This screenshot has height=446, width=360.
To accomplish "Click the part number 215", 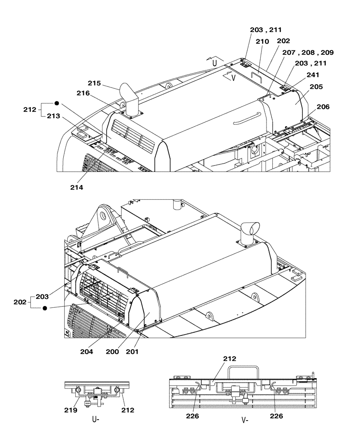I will [x=94, y=83].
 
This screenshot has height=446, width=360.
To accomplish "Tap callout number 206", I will [x=323, y=107].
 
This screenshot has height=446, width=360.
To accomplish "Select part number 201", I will [x=133, y=351].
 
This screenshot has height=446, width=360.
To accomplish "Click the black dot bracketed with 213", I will [x=57, y=103].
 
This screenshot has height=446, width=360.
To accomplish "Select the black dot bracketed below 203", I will [x=45, y=308].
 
